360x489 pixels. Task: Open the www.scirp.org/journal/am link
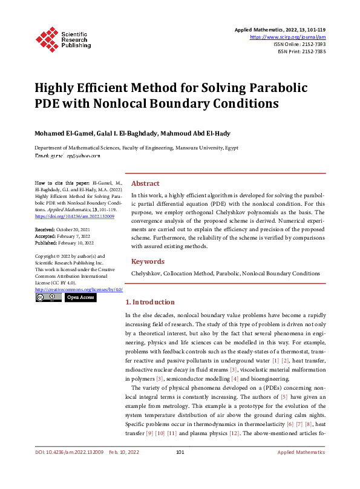pos(288,37)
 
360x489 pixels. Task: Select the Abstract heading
pos(146,183)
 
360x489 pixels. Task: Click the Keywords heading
pos(148,261)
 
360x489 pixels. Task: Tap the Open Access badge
pos(80,298)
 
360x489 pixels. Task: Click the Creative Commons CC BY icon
pos(47,298)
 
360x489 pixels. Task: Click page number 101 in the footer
pos(180,469)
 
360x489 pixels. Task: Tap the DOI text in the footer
pos(70,469)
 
